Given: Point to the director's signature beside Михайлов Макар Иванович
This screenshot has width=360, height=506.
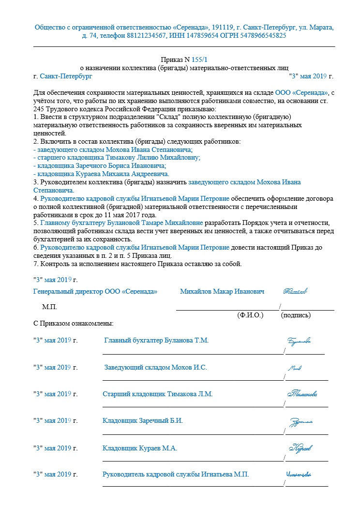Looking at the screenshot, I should click(x=296, y=291).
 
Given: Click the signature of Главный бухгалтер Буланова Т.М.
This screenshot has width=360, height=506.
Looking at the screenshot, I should click(x=299, y=341).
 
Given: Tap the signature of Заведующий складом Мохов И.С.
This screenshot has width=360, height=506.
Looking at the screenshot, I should click(x=294, y=368).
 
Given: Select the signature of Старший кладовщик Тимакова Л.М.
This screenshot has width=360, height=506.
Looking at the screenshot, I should click(x=302, y=394).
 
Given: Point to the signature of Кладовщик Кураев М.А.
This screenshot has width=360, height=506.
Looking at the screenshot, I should click(x=300, y=448).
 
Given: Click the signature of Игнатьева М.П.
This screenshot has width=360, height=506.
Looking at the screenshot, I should click(x=298, y=475).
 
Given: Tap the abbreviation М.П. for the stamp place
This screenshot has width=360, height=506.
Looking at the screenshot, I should click(x=49, y=307).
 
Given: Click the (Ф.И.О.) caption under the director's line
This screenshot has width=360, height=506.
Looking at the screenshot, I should click(x=250, y=315).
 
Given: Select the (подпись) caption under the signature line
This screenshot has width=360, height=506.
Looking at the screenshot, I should click(x=296, y=315).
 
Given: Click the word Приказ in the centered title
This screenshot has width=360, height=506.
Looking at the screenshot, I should click(x=170, y=60).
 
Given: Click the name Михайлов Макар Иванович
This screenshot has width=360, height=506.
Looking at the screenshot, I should click(x=222, y=292).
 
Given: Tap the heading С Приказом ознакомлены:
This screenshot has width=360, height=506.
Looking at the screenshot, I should click(x=73, y=323).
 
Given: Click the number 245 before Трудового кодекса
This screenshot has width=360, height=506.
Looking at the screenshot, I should click(x=39, y=109).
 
